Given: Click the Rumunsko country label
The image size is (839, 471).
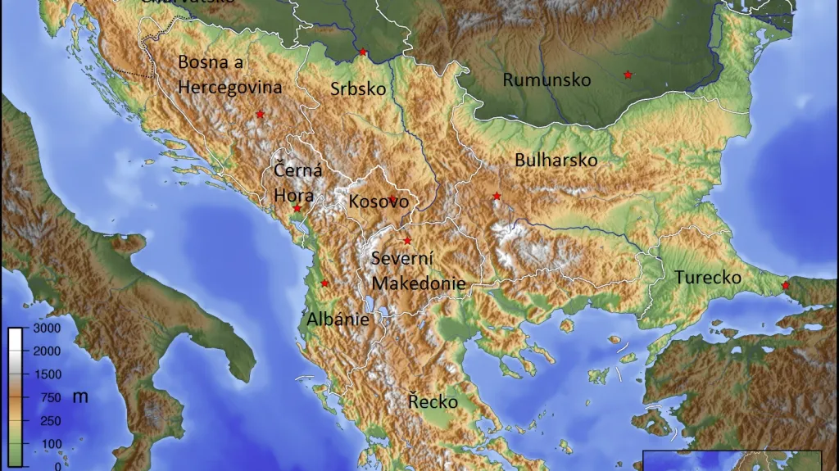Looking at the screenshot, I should coord(546,80).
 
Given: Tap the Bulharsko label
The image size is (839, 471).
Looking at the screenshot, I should coord(556,161).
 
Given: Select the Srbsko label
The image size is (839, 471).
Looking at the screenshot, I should coord(358,89).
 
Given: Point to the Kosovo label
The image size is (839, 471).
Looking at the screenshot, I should coord(379,202).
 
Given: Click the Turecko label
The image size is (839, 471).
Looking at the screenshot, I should coord(708,278).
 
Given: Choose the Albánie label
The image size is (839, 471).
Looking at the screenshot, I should coord(338,319).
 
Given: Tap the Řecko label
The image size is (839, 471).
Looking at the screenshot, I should coord(433,402).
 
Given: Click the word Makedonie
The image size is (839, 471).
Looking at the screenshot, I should coord(419,283).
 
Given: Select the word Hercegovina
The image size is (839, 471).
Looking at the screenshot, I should coord(229,87).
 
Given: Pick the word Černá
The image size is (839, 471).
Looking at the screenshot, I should coord(297,171).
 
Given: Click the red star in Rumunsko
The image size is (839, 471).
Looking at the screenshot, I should coord(628,75).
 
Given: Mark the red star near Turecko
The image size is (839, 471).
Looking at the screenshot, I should coord(785,285).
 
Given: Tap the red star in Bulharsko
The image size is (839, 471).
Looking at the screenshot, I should coord(497,196).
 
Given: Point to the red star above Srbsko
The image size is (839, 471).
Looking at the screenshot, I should coord(362,52).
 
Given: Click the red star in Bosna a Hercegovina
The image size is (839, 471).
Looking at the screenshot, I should coord(261,114).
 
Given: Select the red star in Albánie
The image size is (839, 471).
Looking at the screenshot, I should coord(324,283).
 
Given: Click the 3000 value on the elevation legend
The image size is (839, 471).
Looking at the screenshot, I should coord(46,328).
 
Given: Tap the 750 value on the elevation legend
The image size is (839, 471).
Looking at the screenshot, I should coord(51,397).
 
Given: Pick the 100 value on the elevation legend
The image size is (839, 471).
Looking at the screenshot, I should coord(51,444).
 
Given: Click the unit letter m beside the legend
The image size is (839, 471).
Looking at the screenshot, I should coord(79,396).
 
